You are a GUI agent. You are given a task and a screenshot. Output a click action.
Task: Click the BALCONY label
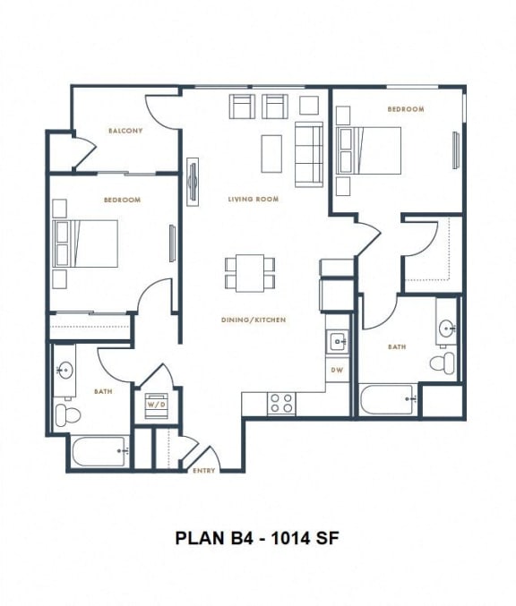[x=125, y=131]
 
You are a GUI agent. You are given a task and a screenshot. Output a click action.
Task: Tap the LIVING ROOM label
[x=253, y=199]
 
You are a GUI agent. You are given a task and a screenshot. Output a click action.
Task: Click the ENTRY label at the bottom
[x=203, y=470]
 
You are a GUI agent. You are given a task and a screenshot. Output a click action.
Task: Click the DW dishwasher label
[x=337, y=369]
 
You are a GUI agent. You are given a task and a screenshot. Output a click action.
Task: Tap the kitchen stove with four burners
[x=282, y=403]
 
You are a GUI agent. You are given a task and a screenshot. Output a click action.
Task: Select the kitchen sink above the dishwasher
[x=338, y=340]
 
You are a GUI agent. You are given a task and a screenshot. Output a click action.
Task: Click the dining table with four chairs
[x=251, y=272]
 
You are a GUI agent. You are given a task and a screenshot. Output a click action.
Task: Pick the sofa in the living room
[x=308, y=154]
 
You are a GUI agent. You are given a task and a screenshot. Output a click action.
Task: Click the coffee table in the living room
[x=272, y=153]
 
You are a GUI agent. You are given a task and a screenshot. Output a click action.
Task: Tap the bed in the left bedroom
[x=93, y=243]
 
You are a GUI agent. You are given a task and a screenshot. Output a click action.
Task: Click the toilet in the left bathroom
[x=66, y=413]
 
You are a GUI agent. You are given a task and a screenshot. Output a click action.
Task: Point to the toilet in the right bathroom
[x=443, y=362]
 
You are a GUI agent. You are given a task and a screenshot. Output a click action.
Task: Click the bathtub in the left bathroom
[x=100, y=451]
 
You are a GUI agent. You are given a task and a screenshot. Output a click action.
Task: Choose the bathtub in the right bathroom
[x=387, y=399]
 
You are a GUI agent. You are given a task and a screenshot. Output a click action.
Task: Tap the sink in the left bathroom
[x=64, y=370]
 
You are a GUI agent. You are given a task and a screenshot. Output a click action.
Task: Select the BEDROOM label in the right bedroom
[x=405, y=109]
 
